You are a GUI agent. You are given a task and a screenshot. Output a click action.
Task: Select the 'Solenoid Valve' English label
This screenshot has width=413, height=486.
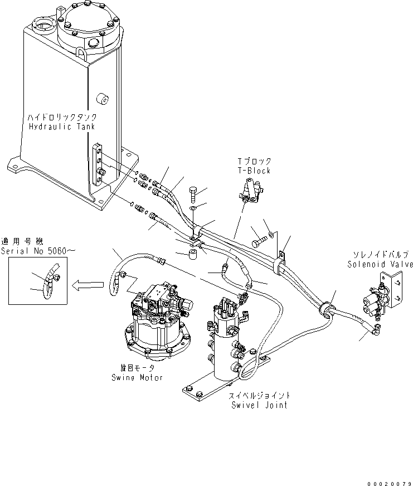[x=380, y=264]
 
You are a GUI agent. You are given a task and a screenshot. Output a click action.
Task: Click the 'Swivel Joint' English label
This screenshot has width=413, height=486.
[x=259, y=405]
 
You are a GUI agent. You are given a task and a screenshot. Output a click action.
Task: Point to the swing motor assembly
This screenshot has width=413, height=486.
[x=156, y=323]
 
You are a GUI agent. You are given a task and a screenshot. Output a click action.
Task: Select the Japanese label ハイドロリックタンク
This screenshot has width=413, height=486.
[x=62, y=118]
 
